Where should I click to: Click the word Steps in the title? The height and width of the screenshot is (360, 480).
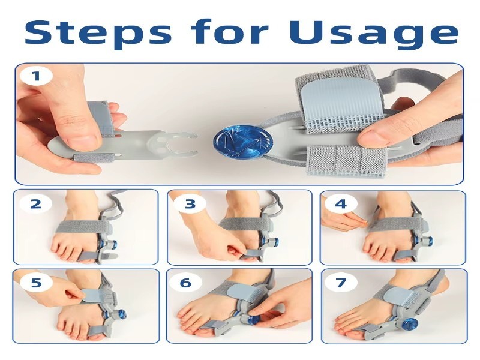click(98, 32)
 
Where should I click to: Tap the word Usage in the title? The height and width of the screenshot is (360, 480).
click(373, 32)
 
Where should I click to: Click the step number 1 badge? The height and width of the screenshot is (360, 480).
click(37, 76)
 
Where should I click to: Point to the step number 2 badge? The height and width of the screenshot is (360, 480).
click(36, 203)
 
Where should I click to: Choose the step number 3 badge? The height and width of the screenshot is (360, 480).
click(190, 203)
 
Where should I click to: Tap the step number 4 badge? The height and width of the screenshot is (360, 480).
click(341, 203)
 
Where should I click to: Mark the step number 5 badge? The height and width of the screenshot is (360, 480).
click(36, 282)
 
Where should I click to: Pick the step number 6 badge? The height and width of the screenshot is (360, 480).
click(186, 282)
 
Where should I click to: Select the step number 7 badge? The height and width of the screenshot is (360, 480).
click(341, 282)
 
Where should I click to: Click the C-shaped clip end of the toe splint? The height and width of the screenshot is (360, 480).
click(181, 144)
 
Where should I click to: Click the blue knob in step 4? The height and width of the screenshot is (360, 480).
click(428, 242)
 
